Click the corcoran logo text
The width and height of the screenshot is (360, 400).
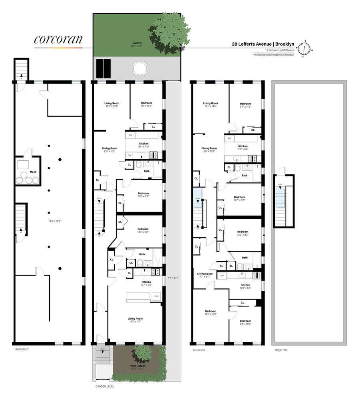pos(58,39)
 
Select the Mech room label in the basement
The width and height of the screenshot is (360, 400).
pos(28,173)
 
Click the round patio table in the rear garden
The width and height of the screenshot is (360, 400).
pos(140,68)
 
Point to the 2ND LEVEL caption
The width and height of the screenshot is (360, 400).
pos(198,349)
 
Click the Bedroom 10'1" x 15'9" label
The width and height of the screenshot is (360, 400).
pos(211,313)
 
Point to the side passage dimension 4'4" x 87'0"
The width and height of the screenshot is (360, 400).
pos(173,278)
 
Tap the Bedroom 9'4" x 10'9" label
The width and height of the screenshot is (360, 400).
pos(245,322)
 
